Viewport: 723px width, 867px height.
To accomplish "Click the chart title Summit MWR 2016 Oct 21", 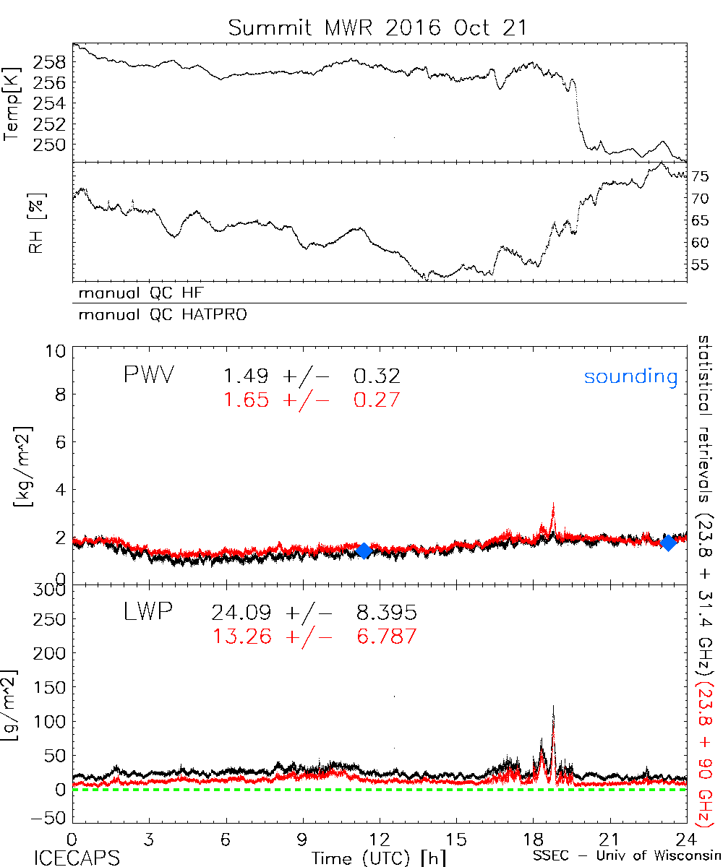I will click(378, 28).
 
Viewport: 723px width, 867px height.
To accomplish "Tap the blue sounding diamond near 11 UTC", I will click(364, 551).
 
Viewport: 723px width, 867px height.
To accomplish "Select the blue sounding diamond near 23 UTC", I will click(669, 543).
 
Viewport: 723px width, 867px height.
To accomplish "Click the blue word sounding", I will click(630, 376).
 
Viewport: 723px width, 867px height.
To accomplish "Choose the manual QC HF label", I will click(137, 293).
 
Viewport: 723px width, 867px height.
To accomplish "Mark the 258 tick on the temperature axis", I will click(53, 63).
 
